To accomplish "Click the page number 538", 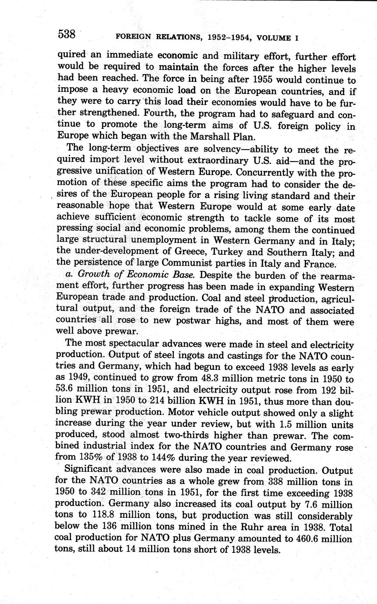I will point(66,34).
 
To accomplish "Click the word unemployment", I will point(162,240).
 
